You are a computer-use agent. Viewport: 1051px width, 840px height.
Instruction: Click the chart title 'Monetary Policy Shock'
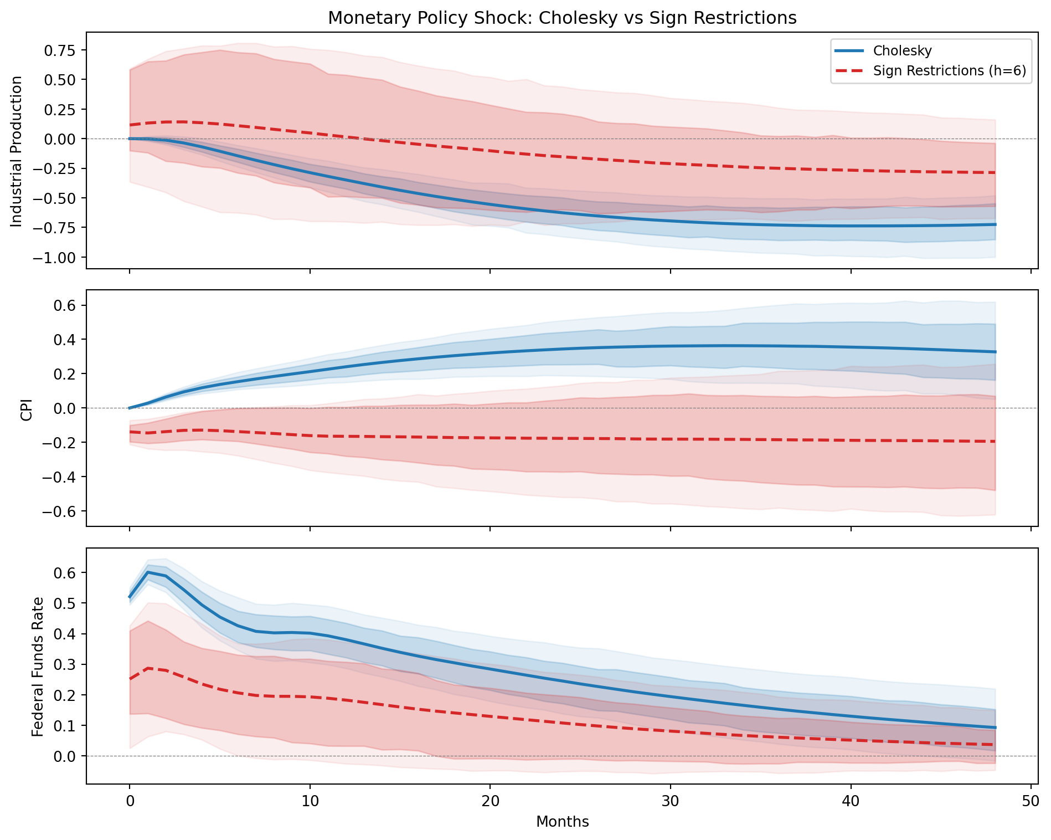pyautogui.click(x=562, y=18)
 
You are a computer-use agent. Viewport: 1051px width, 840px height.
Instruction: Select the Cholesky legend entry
pyautogui.click(x=902, y=51)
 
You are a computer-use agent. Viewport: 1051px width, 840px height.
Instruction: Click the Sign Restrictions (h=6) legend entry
pyautogui.click(x=949, y=71)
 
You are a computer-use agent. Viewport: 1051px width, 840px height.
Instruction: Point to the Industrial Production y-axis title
pyautogui.click(x=17, y=151)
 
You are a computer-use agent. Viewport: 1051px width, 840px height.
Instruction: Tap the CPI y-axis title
pyautogui.click(x=27, y=408)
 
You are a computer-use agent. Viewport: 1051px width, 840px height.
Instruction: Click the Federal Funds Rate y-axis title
pyautogui.click(x=37, y=666)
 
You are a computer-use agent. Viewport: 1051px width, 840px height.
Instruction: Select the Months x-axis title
pyautogui.click(x=562, y=822)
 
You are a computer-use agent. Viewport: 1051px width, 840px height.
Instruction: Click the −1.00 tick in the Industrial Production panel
pyautogui.click(x=58, y=258)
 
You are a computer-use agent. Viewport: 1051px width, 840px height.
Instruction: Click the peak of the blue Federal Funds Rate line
pyautogui.click(x=148, y=572)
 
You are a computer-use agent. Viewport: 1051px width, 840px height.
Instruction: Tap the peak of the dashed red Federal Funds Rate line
pyautogui.click(x=148, y=668)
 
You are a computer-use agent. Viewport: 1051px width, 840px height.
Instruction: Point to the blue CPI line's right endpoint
pyautogui.click(x=995, y=352)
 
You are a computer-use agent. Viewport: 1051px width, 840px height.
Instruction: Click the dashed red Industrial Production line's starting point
pyautogui.click(x=130, y=125)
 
